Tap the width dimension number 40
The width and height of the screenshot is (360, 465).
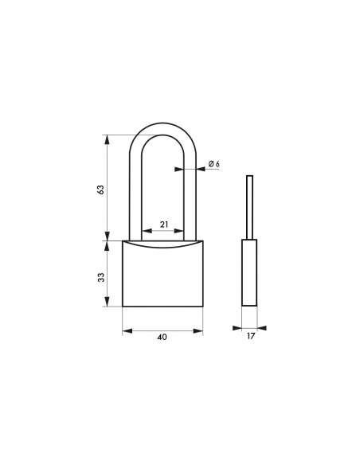click(162, 337)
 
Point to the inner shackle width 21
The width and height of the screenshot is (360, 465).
click(163, 224)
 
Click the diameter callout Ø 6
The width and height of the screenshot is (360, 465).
click(213, 164)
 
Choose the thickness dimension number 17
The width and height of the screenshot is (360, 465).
click(250, 337)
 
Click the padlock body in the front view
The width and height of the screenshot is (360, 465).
click(162, 275)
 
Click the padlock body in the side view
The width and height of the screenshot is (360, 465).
click(250, 272)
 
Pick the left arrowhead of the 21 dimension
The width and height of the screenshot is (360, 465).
click(144, 232)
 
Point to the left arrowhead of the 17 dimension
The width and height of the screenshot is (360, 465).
click(238, 327)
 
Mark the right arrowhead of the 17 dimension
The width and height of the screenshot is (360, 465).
click(262, 327)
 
